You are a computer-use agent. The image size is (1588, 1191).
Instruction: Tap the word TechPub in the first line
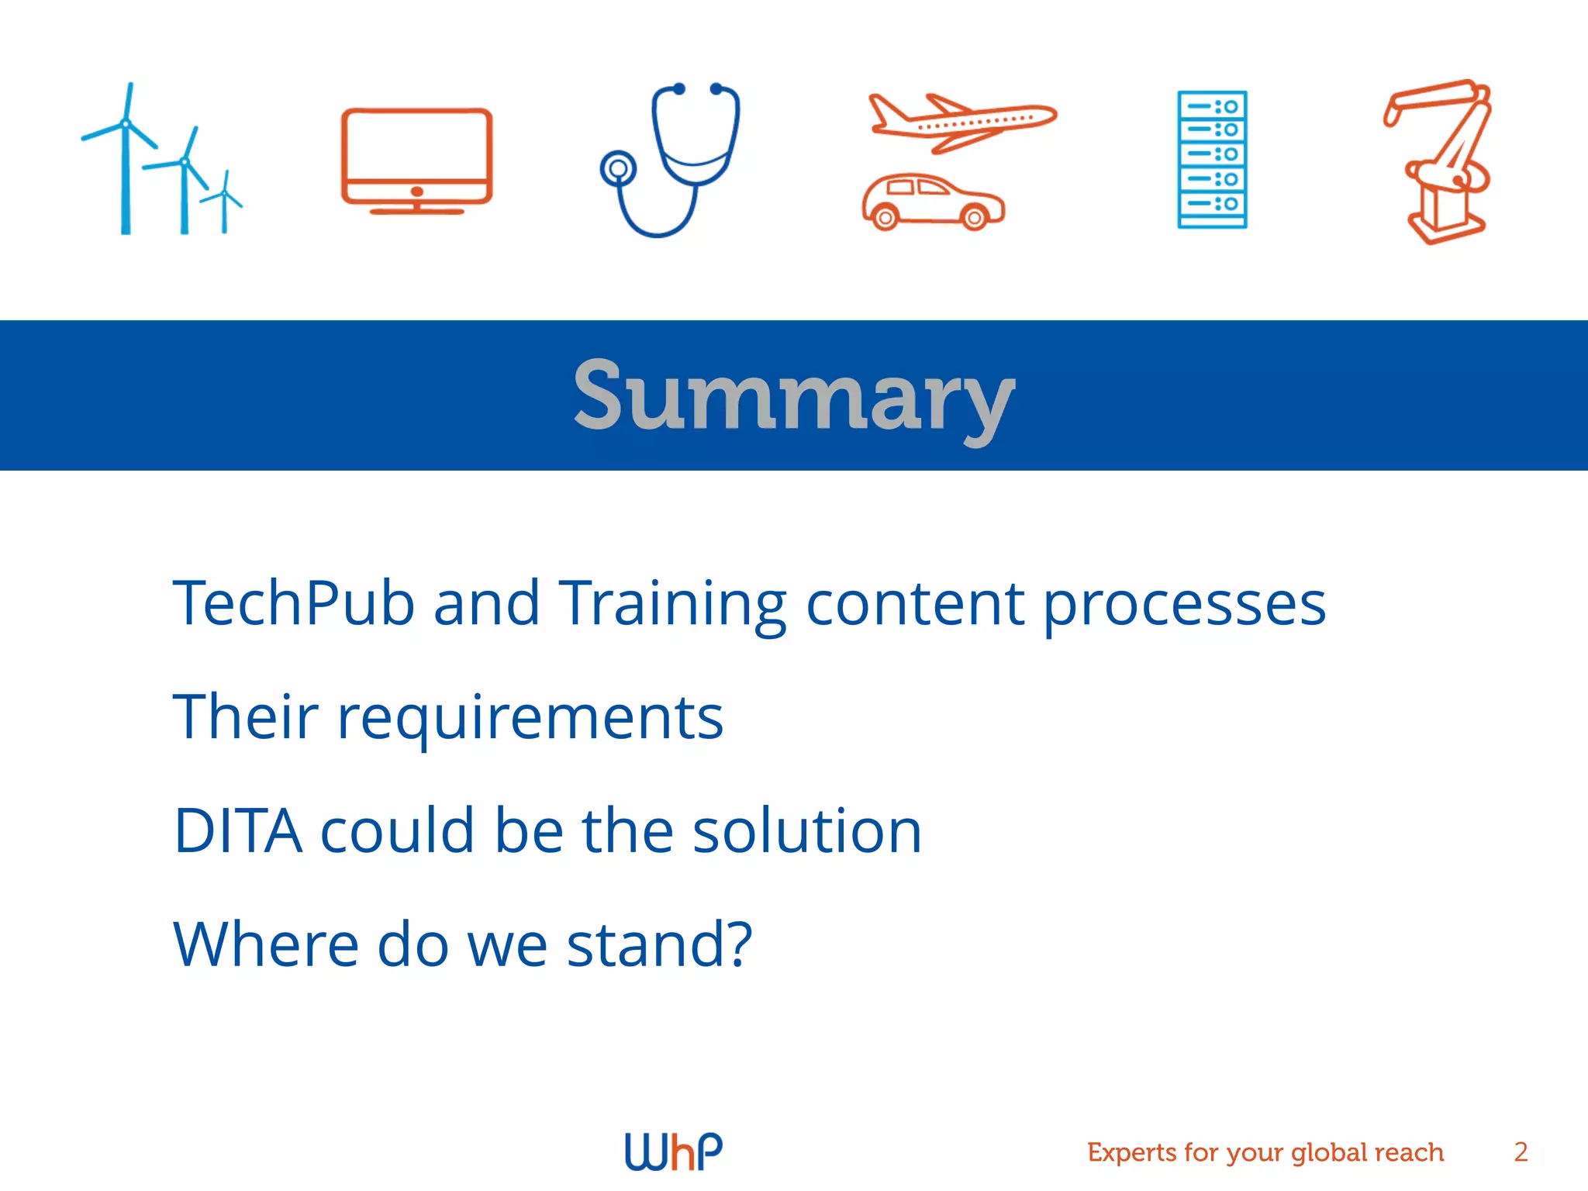tap(294, 602)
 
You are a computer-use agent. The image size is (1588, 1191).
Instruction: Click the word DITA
tap(238, 830)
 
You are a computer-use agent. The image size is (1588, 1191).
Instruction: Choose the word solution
tap(806, 830)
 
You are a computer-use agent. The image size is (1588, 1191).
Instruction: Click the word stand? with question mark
tap(659, 944)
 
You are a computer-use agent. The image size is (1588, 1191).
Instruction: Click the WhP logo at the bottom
tap(673, 1151)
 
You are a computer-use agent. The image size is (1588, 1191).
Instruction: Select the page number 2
tap(1521, 1151)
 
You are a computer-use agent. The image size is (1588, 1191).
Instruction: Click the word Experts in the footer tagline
tap(1131, 1152)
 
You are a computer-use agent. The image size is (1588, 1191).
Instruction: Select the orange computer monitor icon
tap(417, 159)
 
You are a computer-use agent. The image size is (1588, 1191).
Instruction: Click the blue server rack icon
tap(1212, 159)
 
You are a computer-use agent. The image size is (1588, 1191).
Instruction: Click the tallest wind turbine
tap(126, 163)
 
